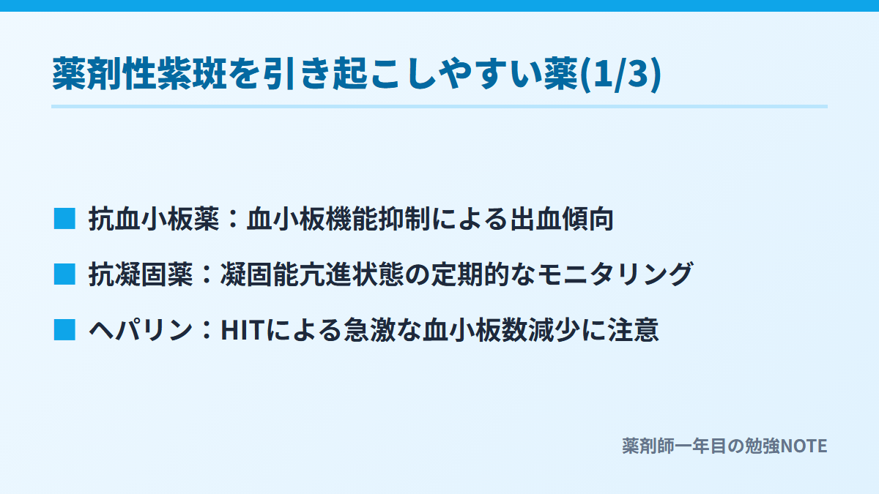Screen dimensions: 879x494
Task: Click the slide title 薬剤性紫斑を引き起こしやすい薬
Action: click(315, 74)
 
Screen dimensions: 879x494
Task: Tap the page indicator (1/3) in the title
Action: click(620, 74)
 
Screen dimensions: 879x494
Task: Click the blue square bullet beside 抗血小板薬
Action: click(64, 218)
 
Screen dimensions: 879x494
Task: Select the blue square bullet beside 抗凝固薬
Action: click(64, 274)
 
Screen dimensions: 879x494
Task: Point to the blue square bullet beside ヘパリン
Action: click(64, 330)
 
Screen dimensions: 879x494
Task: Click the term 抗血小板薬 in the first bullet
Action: click(154, 218)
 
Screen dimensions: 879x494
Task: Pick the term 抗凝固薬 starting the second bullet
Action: click(141, 274)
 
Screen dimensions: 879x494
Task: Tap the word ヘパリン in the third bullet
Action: click(141, 330)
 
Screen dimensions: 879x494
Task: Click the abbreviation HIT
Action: click(242, 330)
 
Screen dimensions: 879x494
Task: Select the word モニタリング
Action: click(615, 274)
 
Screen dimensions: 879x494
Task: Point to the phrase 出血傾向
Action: click(562, 218)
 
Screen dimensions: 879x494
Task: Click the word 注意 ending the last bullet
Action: click(634, 330)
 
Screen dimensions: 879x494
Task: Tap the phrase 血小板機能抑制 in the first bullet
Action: click(338, 218)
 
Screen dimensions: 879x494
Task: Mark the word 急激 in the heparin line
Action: click(369, 330)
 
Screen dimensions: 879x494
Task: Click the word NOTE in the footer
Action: click(804, 446)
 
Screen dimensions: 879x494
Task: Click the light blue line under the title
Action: click(439, 106)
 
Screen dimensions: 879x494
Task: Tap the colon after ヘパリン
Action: click(207, 330)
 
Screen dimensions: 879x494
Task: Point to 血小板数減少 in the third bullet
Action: click(502, 330)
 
